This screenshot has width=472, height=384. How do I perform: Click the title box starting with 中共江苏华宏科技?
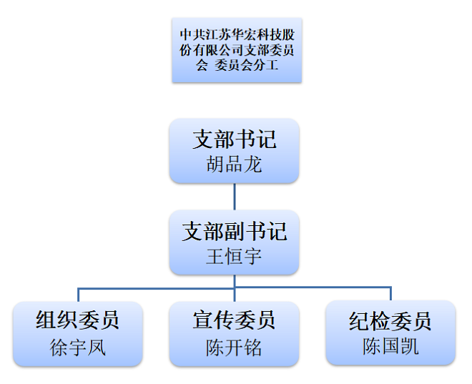[x=236, y=50]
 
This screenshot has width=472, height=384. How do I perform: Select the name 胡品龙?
[x=235, y=165]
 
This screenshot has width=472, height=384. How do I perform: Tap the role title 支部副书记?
[x=235, y=231]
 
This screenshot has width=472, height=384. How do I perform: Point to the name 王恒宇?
[x=235, y=256]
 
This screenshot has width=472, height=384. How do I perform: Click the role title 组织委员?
[x=78, y=320]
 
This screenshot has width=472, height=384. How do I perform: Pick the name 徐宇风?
[x=78, y=347]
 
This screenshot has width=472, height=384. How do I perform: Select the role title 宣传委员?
[x=235, y=320]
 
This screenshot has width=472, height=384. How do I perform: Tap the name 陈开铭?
[x=235, y=347]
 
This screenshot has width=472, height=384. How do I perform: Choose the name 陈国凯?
[x=390, y=347]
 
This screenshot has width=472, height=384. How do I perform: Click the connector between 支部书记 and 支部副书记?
[x=235, y=195]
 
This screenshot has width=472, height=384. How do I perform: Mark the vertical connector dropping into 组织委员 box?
[x=78, y=295]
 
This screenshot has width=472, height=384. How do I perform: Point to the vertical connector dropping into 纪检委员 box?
[x=390, y=294]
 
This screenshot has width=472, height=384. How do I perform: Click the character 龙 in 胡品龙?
[x=253, y=165]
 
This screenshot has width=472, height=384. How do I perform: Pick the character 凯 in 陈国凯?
[x=409, y=347]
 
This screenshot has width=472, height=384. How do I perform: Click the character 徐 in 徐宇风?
[x=59, y=347]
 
